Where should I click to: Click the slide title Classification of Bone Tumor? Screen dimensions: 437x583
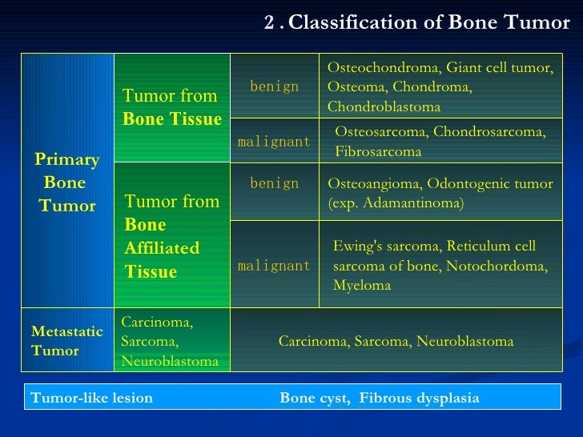coord(428,22)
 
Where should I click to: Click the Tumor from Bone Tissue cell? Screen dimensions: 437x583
coord(171,108)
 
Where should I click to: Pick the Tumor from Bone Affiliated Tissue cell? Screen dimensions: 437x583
coord(171,236)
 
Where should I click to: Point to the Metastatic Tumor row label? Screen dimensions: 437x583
coord(66,341)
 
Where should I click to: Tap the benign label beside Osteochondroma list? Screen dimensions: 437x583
coord(274,86)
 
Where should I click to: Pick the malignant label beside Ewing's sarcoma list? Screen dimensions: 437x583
coord(274,267)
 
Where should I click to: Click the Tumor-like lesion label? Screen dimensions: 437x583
coord(90,398)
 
